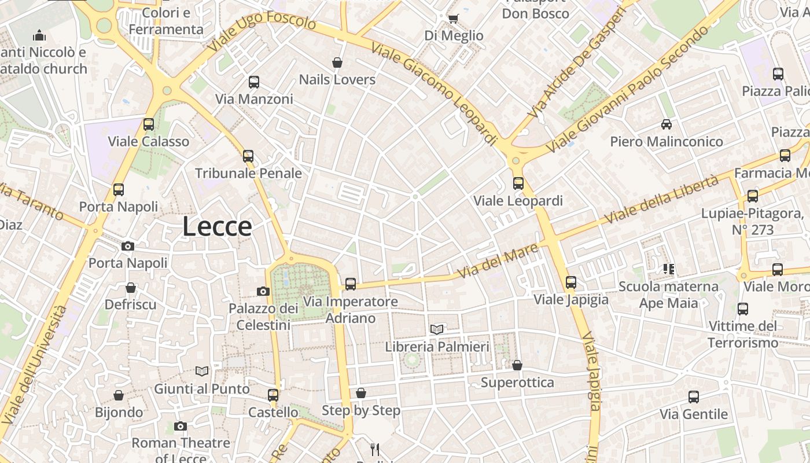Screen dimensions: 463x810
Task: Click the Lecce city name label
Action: click(x=217, y=226)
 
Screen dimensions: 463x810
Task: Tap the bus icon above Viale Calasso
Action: click(x=149, y=124)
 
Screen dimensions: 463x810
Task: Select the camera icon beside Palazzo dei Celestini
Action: click(x=263, y=291)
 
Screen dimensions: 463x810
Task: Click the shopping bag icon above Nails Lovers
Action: click(x=337, y=63)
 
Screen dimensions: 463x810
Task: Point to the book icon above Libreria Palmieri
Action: click(x=437, y=329)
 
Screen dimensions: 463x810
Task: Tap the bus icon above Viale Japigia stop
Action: click(x=571, y=282)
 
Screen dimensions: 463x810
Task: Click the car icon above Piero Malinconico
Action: click(x=667, y=124)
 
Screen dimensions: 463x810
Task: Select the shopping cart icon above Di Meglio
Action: click(x=454, y=19)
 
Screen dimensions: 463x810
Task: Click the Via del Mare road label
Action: click(x=498, y=260)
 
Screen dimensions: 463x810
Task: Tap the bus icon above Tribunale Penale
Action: click(x=248, y=156)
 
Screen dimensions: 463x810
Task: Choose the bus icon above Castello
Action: click(x=273, y=395)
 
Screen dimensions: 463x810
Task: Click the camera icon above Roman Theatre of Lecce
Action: click(x=181, y=427)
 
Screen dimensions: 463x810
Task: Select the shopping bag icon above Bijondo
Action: click(x=119, y=395)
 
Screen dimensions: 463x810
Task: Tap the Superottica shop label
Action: click(x=517, y=383)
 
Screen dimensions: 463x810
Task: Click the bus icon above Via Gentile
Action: click(x=694, y=397)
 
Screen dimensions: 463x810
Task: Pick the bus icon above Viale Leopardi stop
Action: click(x=518, y=183)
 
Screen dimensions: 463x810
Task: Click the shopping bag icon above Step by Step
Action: click(x=361, y=394)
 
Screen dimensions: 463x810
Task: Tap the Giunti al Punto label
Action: click(x=201, y=389)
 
